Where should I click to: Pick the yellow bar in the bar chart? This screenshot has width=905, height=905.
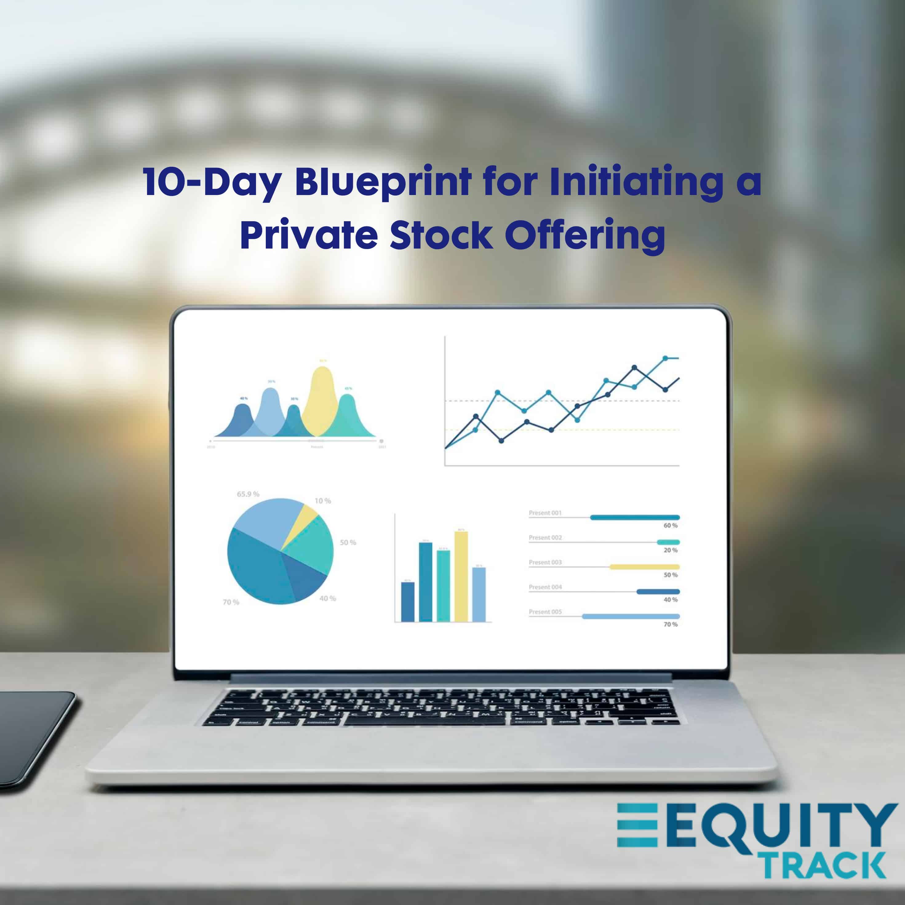[x=461, y=576]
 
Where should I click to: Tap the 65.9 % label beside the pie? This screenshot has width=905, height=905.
[x=248, y=494]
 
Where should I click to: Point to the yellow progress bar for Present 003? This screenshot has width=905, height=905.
[x=644, y=567]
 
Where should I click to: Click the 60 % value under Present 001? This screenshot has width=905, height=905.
[x=670, y=526]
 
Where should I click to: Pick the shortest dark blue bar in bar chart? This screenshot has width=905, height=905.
[x=408, y=602]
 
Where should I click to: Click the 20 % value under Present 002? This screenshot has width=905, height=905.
[x=670, y=550]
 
